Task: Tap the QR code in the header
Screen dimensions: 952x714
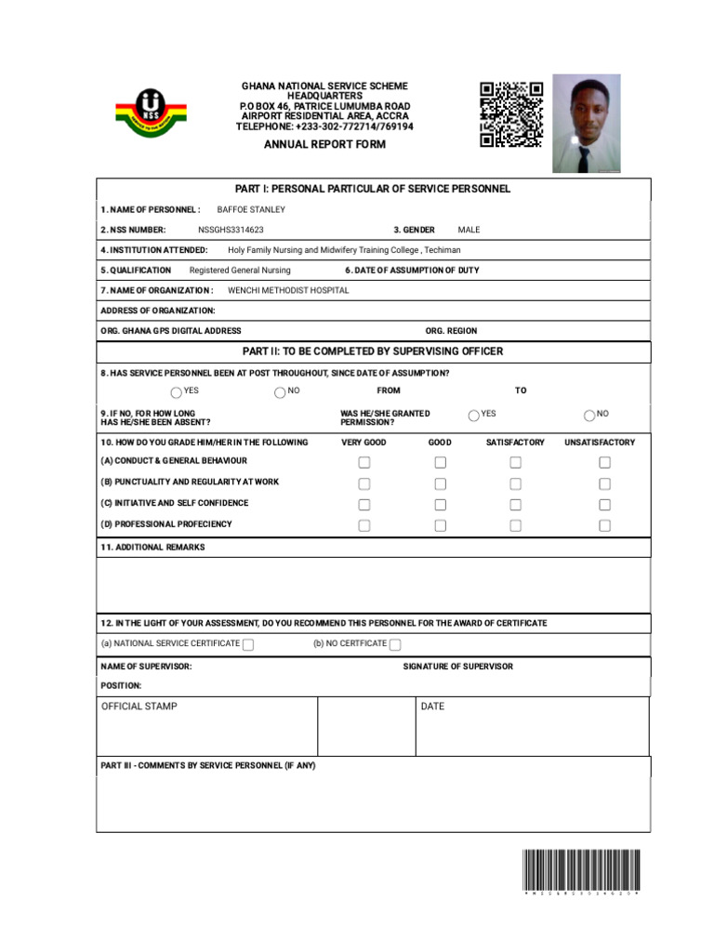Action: (511, 114)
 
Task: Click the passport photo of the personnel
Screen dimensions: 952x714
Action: (586, 124)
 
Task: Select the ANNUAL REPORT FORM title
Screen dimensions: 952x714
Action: (324, 145)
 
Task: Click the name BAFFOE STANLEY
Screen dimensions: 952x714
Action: (251, 210)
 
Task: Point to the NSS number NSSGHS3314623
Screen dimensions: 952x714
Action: (231, 230)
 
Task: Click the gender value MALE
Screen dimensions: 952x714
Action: (469, 230)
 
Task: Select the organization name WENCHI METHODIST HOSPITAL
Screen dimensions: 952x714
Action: (288, 290)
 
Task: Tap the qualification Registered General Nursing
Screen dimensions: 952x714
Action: (240, 271)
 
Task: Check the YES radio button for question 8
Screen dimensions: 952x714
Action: (177, 392)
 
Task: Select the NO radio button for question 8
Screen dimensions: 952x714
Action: (280, 392)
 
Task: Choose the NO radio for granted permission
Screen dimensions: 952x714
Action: (589, 416)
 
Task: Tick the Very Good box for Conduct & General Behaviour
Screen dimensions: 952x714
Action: (364, 462)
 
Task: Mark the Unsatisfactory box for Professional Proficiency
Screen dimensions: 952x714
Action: (604, 525)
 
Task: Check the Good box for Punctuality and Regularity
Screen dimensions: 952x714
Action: (440, 483)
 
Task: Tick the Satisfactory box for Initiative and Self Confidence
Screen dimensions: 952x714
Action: (515, 505)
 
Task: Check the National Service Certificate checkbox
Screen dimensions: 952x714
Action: (248, 645)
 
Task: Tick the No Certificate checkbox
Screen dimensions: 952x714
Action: (395, 645)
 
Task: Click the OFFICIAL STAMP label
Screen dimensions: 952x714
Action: (139, 707)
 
